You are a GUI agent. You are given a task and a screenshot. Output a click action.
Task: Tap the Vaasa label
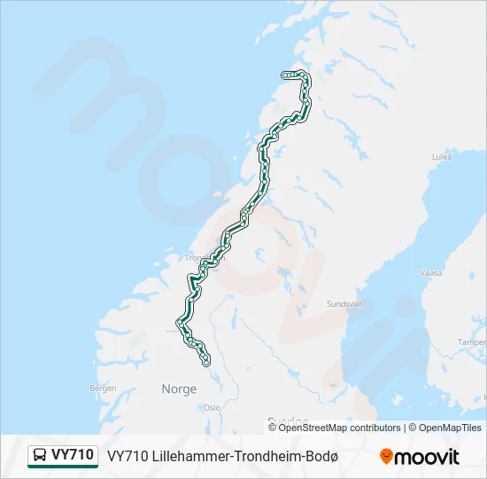[431, 273]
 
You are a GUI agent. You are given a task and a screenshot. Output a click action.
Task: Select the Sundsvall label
[344, 303]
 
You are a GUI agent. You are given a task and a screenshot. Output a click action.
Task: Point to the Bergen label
[104, 388]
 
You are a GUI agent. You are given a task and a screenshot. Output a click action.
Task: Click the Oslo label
[212, 407]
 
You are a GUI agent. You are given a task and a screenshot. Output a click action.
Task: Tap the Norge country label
[179, 389]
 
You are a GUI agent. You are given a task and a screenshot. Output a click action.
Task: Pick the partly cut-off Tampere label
[472, 342]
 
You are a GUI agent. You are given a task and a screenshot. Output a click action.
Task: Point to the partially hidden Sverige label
[288, 421]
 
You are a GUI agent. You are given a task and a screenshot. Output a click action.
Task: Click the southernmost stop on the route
[206, 363]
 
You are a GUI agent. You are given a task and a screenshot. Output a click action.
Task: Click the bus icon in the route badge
[40, 456]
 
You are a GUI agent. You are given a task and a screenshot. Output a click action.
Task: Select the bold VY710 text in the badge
[73, 455]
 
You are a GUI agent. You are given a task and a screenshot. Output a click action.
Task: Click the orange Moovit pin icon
[386, 457]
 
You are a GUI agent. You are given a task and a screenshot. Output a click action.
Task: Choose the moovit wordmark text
[427, 457]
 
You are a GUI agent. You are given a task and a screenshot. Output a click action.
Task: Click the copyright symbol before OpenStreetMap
[274, 428]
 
